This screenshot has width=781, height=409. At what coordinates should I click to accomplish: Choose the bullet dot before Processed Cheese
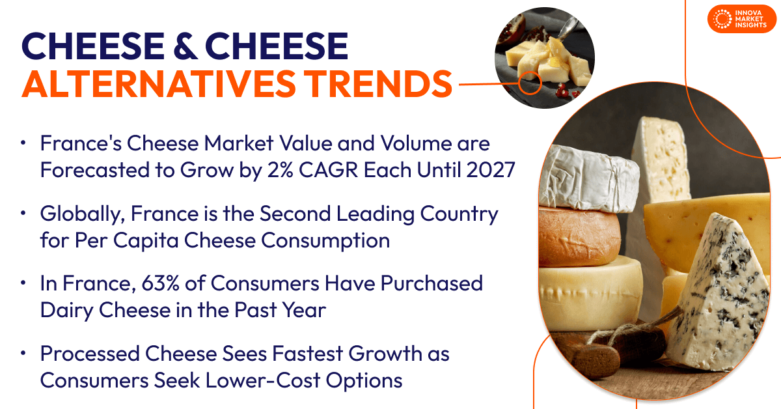pyautogui.click(x=24, y=354)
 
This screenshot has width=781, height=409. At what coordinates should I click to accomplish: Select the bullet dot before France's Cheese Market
pyautogui.click(x=24, y=143)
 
